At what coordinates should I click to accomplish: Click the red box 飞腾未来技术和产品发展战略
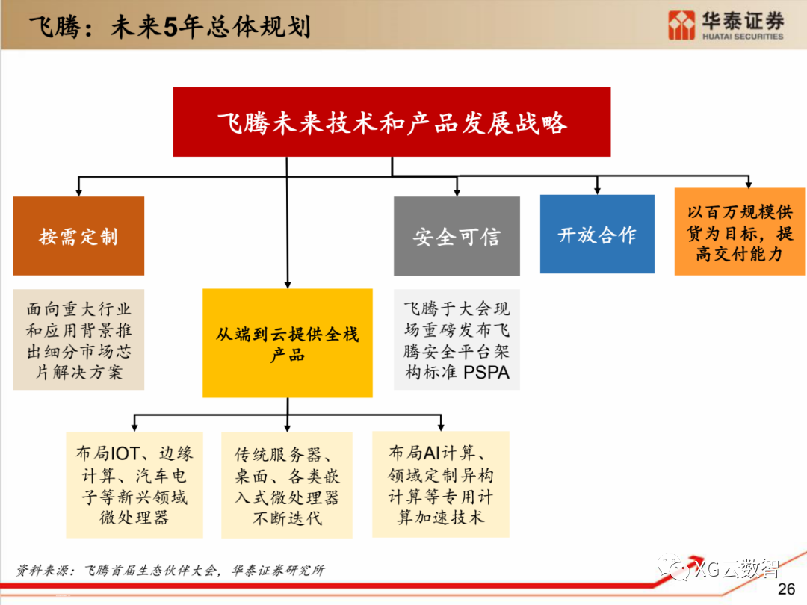392,122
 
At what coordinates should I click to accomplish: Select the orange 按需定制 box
78,236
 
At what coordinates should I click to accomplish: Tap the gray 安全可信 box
457,236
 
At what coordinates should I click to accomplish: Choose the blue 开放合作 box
597,234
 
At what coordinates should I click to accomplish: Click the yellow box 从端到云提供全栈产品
287,343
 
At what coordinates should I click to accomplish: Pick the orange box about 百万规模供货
739,231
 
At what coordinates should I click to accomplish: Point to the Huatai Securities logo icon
682,25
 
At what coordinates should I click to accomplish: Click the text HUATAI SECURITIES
742,36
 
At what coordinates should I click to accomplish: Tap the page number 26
786,589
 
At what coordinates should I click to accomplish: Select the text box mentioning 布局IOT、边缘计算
134,485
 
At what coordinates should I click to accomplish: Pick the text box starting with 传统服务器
287,486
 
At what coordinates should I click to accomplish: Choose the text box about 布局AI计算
441,484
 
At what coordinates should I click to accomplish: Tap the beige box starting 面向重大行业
78,340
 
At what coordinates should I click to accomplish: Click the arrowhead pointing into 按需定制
78,192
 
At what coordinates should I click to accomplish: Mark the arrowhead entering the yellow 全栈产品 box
287,284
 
